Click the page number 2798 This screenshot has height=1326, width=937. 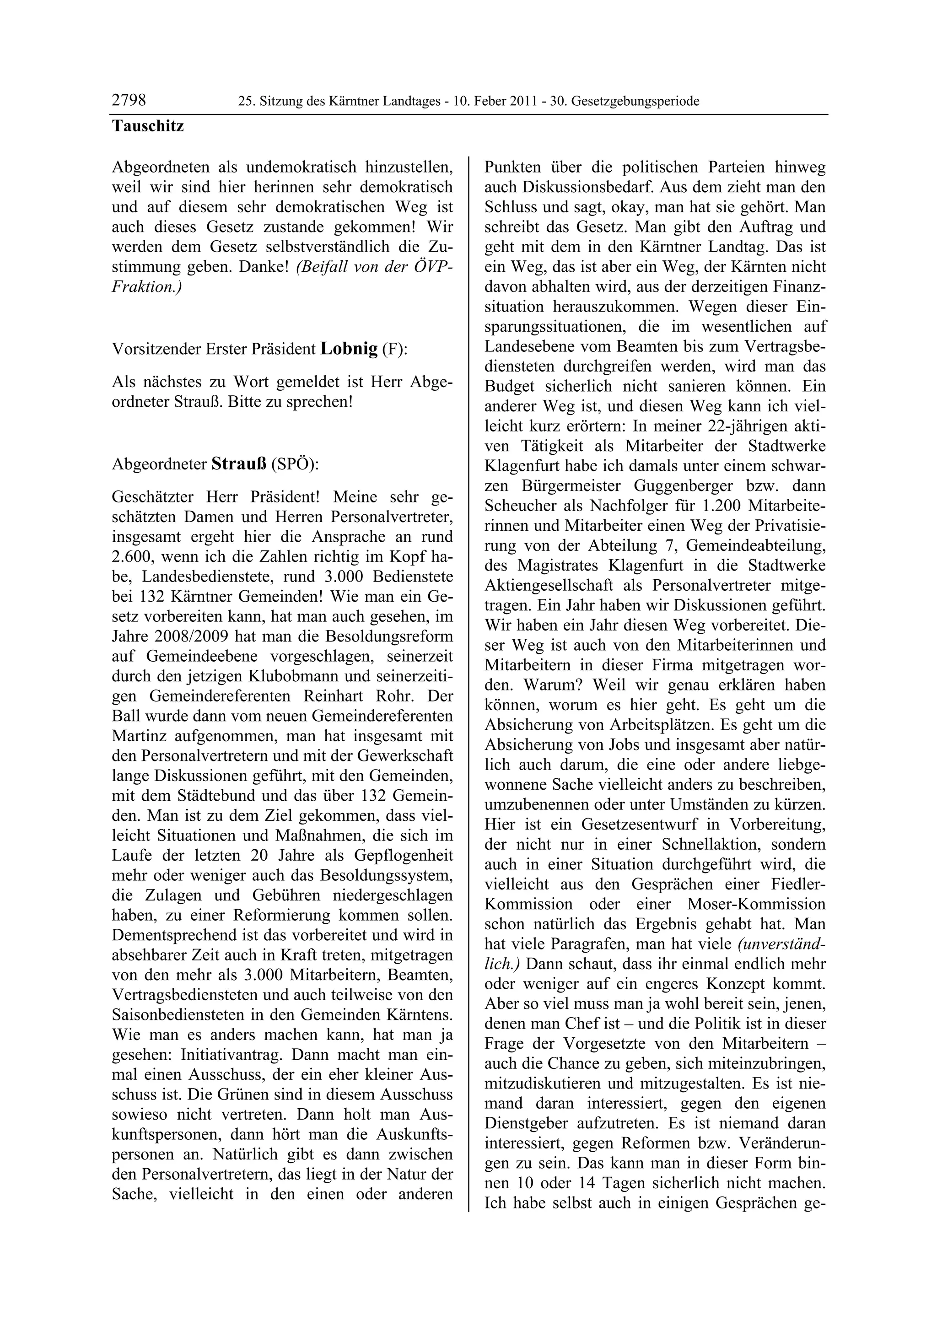click(129, 101)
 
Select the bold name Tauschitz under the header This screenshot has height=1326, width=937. click(148, 126)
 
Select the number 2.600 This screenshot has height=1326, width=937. click(132, 557)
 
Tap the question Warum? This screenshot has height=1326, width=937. click(549, 685)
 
